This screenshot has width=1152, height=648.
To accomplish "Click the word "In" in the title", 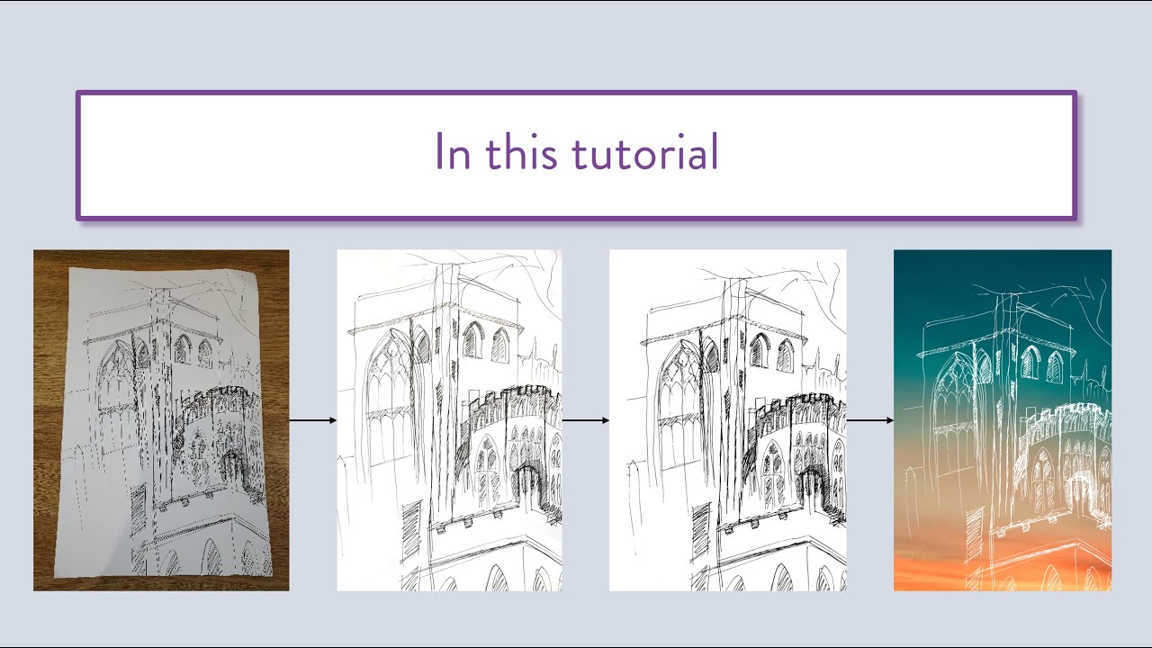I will [453, 152].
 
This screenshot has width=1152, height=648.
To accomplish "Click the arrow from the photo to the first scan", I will [312, 420].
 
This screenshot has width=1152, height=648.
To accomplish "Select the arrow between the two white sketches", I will [585, 420].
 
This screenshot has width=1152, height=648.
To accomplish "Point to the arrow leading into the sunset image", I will [869, 420].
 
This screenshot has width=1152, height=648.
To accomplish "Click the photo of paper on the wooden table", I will [161, 420].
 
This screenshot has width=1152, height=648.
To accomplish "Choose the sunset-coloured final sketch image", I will [1002, 420].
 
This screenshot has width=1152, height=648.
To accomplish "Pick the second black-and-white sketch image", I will [727, 420].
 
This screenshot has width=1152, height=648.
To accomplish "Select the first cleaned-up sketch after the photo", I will [449, 420].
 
